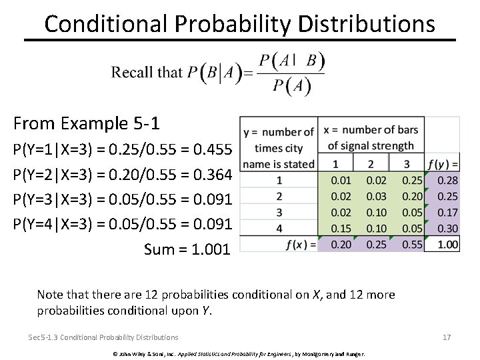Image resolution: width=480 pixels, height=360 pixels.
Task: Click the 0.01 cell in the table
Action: pyautogui.click(x=341, y=181)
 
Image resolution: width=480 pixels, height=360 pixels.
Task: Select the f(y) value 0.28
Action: pyautogui.click(x=448, y=181)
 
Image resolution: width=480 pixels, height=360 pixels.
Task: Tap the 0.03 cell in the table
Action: pyautogui.click(x=376, y=197)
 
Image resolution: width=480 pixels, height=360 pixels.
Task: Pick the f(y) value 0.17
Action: pyautogui.click(x=448, y=213)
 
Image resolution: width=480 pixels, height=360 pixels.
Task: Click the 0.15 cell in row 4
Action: pyautogui.click(x=341, y=229)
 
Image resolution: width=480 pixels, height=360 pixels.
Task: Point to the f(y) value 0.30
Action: pyautogui.click(x=448, y=229)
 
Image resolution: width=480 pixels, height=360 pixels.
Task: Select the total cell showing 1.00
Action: pyautogui.click(x=448, y=245)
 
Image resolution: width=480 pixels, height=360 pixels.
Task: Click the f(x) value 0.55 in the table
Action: pyautogui.click(x=413, y=245)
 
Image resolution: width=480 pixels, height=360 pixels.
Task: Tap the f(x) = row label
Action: pyautogui.click(x=300, y=245)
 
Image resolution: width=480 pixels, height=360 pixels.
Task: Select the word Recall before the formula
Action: pyautogui.click(x=132, y=72)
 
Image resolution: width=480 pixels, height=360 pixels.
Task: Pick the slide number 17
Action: pyautogui.click(x=447, y=337)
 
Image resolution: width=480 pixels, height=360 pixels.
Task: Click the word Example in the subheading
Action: pyautogui.click(x=95, y=124)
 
